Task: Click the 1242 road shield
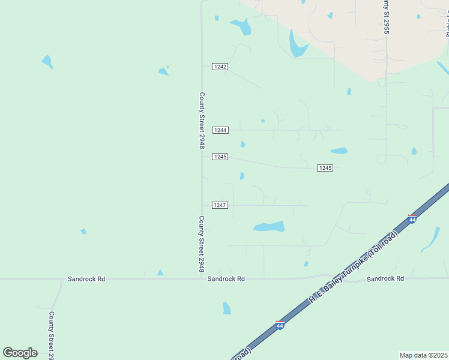[220, 67]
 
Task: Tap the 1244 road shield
[220, 130]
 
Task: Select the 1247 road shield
[220, 205]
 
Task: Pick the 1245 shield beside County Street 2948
[220, 157]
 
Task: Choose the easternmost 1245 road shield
[325, 168]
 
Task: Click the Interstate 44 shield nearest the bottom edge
[280, 325]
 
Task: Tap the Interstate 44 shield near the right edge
[412, 218]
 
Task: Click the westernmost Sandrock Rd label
[86, 279]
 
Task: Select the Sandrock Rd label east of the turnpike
[385, 278]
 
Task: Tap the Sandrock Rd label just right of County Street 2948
[226, 279]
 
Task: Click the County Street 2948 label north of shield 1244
[202, 120]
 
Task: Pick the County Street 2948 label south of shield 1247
[202, 244]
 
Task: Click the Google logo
[20, 353]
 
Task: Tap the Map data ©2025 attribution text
[423, 355]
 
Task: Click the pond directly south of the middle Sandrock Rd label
[227, 308]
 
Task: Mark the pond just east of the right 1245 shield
[339, 151]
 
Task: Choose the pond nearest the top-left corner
[47, 61]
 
